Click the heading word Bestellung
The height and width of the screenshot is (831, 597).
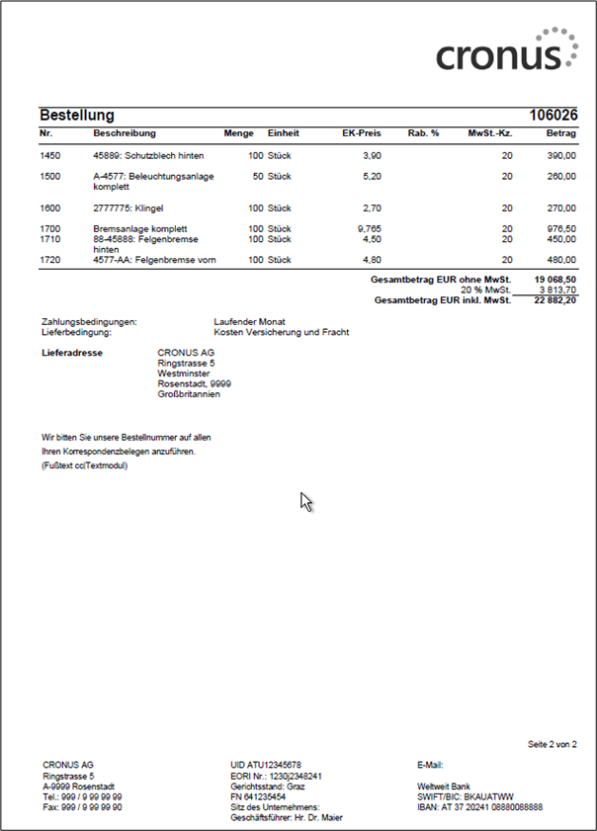pos(77,116)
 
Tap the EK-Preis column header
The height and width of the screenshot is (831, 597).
pos(362,132)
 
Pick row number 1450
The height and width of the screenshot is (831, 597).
pos(50,156)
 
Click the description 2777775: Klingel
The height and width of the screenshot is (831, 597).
pos(128,208)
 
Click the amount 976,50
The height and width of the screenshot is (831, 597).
pos(560,229)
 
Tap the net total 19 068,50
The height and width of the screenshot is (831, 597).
pos(554,281)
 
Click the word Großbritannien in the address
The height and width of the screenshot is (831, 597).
pos(189,394)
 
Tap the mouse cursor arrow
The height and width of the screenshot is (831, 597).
pos(306,501)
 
